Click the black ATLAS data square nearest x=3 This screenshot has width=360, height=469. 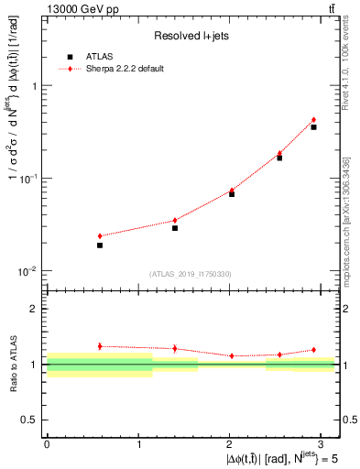click(313, 127)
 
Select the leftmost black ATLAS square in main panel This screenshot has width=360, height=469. click(100, 245)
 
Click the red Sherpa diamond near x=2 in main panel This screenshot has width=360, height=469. click(232, 191)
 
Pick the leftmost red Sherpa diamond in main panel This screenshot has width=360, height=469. click(100, 236)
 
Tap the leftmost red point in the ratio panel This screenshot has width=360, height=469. click(100, 346)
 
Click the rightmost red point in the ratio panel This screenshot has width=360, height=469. click(313, 350)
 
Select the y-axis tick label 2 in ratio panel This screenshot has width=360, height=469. click(35, 310)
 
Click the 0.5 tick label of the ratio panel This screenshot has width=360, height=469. click(30, 420)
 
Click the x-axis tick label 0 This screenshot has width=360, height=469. click(47, 444)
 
